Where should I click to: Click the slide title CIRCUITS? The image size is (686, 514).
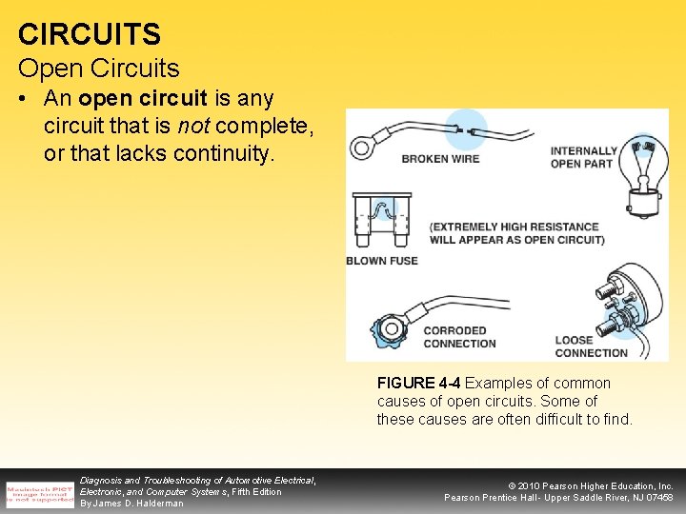point(90,34)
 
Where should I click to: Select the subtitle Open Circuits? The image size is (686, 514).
point(98,69)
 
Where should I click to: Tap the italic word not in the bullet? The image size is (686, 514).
point(194,126)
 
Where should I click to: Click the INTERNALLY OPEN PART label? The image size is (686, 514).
point(583,157)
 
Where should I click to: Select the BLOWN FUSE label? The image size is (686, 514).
point(381,261)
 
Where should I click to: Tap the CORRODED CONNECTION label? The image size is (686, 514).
point(459,337)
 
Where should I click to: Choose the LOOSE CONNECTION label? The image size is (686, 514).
point(591,346)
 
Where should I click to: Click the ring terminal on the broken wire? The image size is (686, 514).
point(363,148)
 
